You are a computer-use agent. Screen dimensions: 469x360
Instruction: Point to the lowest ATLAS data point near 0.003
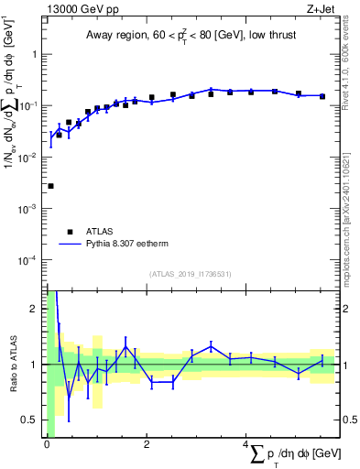(x=50, y=186)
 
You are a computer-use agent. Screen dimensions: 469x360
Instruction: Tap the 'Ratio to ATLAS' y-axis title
(x=14, y=364)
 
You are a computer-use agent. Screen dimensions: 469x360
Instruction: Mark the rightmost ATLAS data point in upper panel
(x=322, y=96)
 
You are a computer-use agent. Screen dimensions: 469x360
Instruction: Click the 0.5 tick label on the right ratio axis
(x=347, y=420)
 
